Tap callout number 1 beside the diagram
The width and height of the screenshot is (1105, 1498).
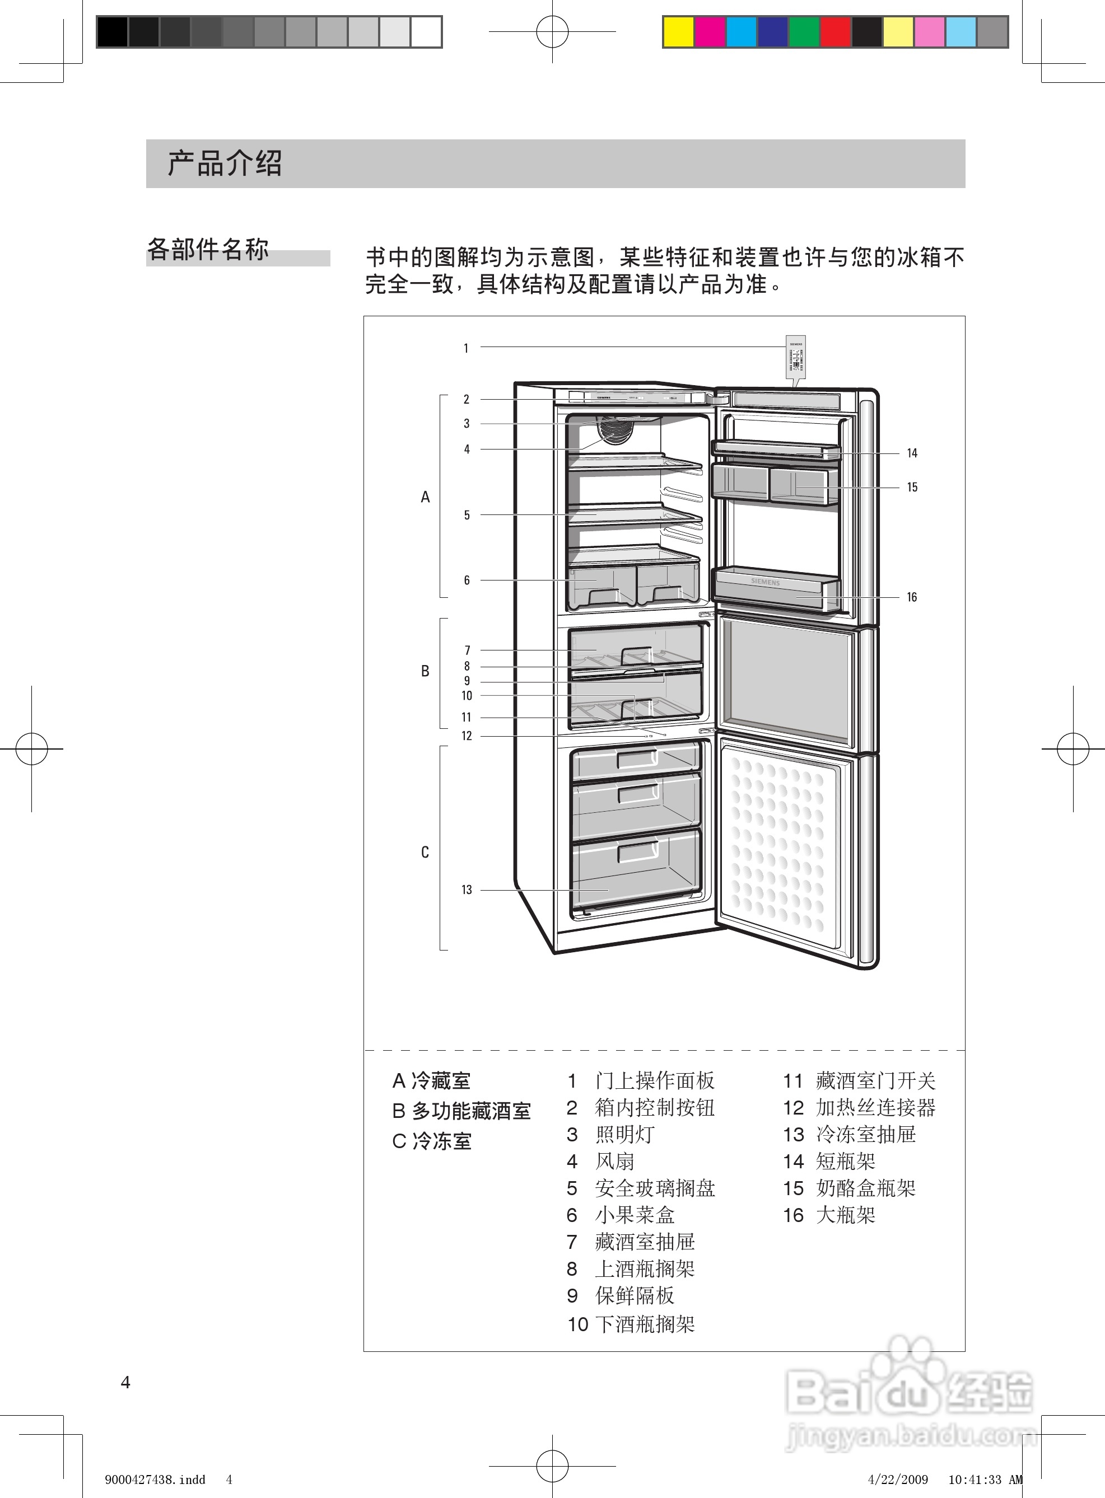pyautogui.click(x=465, y=348)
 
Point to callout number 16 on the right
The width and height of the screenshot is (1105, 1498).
pyautogui.click(x=912, y=597)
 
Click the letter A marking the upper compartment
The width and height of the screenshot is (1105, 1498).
pyautogui.click(x=425, y=497)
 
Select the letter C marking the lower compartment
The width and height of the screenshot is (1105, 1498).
pyautogui.click(x=425, y=852)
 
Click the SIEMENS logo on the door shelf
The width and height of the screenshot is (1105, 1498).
pyautogui.click(x=765, y=582)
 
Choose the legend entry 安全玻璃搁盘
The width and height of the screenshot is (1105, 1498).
pyautogui.click(x=655, y=1188)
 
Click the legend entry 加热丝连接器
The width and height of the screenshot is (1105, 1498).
pyautogui.click(x=875, y=1108)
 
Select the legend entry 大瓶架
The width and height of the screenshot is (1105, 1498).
pyautogui.click(x=846, y=1215)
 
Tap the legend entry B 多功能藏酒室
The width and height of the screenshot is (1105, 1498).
pyautogui.click(x=461, y=1111)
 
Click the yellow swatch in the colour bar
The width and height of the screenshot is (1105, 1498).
pyautogui.click(x=678, y=32)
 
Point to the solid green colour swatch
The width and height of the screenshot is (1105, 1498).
pyautogui.click(x=804, y=32)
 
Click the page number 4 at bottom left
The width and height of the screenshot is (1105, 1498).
pyautogui.click(x=125, y=1382)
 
